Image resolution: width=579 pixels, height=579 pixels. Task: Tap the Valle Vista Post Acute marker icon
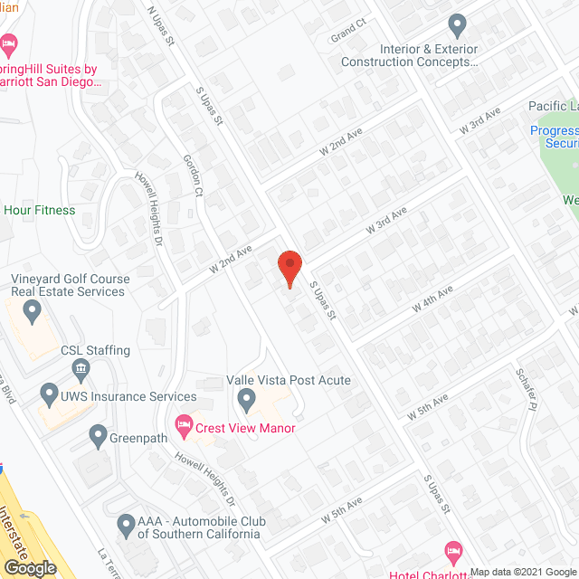pos(245,398)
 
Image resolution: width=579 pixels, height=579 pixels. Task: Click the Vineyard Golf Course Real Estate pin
pos(33,313)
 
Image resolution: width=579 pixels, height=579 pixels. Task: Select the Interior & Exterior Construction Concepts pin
pos(457,24)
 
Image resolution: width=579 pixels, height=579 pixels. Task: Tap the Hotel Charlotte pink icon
pos(453,551)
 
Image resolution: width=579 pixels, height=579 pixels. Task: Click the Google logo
pos(28,568)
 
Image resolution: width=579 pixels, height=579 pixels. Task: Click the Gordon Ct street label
pos(195,172)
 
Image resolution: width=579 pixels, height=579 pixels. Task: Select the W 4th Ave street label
pos(432,298)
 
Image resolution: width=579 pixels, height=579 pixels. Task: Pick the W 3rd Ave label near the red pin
pos(386,220)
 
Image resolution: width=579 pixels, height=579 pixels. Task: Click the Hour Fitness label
pos(40,210)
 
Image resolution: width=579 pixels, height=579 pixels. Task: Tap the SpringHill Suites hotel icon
pos(9,44)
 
